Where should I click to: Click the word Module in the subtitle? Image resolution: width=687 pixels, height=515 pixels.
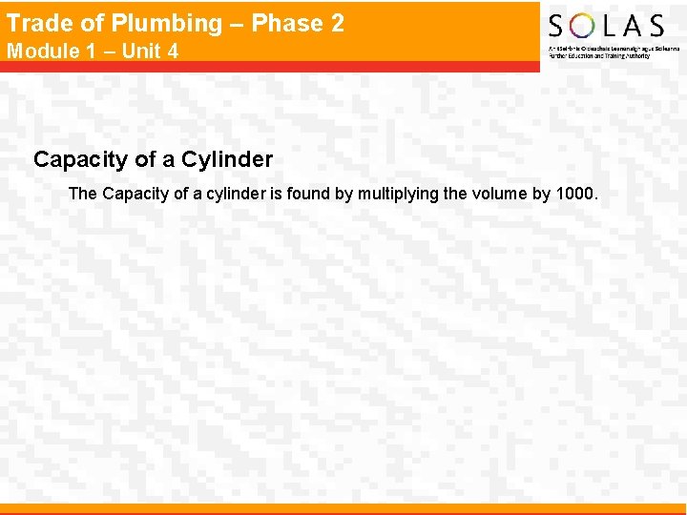[43, 51]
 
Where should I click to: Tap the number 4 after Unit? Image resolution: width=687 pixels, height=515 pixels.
[173, 51]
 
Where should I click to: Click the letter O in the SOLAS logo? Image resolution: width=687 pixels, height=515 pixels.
[583, 26]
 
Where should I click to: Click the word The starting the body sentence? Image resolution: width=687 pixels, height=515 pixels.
[83, 194]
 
